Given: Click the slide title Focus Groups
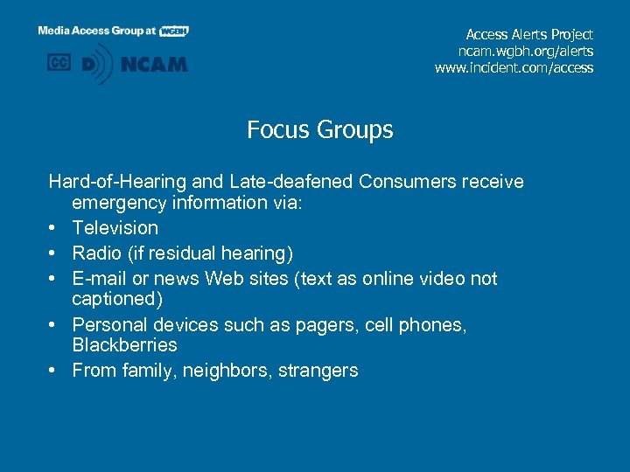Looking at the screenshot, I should tap(319, 130).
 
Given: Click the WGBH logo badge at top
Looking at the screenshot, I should tap(174, 31).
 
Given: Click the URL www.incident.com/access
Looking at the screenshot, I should tap(514, 67).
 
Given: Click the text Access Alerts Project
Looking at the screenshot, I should tap(529, 34).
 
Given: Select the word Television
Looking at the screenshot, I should tap(115, 228).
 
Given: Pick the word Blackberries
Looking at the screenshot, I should tap(124, 344).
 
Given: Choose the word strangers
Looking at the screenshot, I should tap(318, 371).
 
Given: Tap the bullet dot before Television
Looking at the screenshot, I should tap(54, 228).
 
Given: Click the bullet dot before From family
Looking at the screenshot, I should tap(54, 371).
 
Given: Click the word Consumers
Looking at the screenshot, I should tap(401, 182).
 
